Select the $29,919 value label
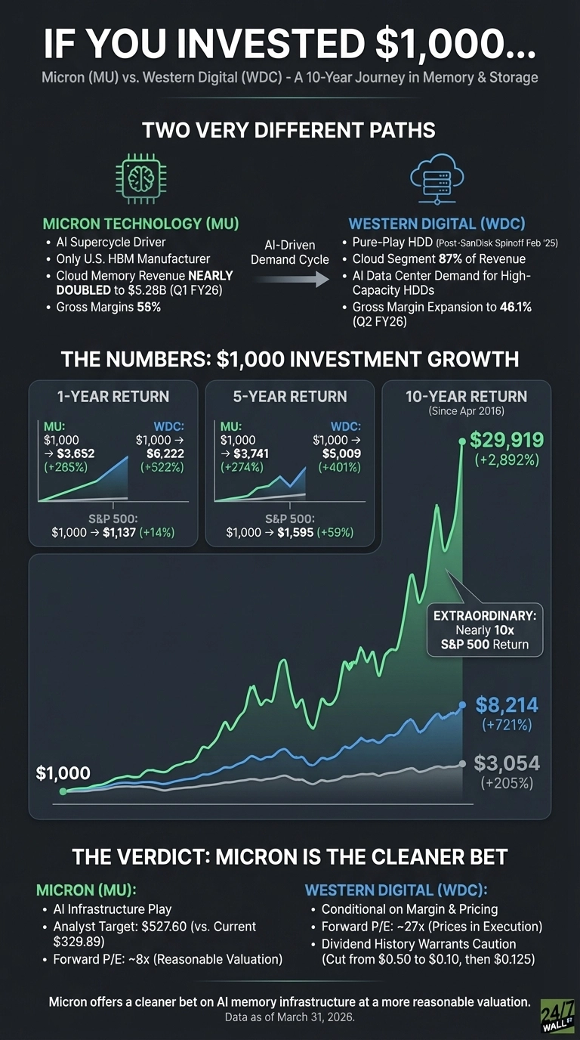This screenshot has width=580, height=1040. tap(506, 439)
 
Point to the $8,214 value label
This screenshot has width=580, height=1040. tap(507, 705)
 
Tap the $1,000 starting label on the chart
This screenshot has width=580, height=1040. tap(63, 773)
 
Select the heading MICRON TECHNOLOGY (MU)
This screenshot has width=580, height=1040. tap(141, 224)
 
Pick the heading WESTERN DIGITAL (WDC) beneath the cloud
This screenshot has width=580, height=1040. tap(437, 224)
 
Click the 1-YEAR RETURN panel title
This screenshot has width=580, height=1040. tap(113, 396)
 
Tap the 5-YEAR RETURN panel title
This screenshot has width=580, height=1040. tap(290, 396)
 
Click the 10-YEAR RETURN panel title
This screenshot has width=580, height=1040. tap(467, 396)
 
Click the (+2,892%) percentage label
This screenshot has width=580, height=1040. tap(505, 459)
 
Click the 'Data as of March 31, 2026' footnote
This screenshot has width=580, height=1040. tap(290, 1017)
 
